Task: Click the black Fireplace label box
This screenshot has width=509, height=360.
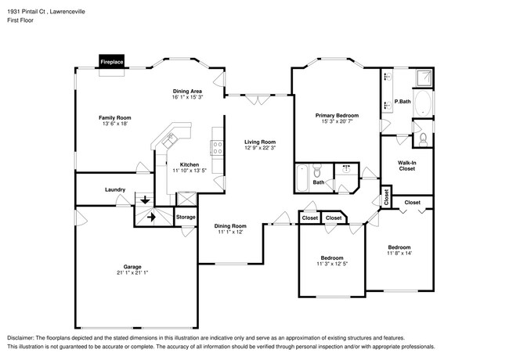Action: point(110,60)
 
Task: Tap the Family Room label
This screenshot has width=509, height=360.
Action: point(114,117)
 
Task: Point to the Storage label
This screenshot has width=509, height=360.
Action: point(185,217)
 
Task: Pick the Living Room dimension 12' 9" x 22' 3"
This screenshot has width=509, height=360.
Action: point(260,147)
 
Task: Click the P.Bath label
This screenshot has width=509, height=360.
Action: point(403,102)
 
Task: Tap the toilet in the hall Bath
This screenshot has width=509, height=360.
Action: point(317,172)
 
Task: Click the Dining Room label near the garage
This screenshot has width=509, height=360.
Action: point(231,226)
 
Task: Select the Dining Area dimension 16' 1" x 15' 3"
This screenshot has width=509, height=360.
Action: point(188,98)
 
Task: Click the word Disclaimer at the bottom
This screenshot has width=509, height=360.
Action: point(21,334)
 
